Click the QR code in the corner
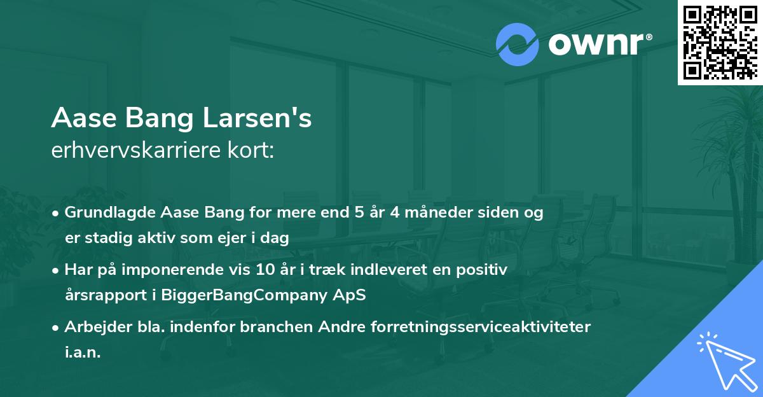[x=720, y=42]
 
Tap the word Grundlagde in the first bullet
[x=104, y=213]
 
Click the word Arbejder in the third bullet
[x=94, y=327]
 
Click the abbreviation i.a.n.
[x=83, y=352]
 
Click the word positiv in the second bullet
[x=485, y=270]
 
